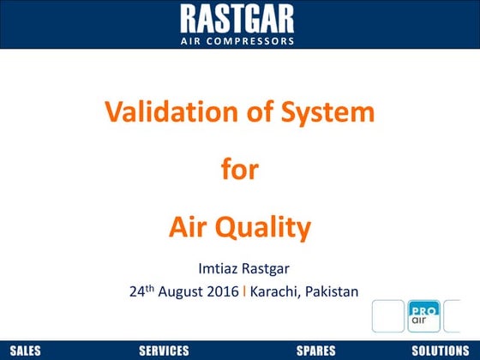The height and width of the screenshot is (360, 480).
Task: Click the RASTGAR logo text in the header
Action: pos(237,19)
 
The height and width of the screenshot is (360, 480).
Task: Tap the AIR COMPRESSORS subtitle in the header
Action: pos(237,40)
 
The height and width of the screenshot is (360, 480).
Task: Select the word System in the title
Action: pos(333,111)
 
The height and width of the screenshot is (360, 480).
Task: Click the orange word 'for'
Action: pos(239,170)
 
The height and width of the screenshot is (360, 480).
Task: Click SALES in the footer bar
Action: pos(26,351)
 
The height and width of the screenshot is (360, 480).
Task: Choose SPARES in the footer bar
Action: pos(316,351)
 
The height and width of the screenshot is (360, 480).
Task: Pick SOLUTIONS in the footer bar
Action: pos(441,351)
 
